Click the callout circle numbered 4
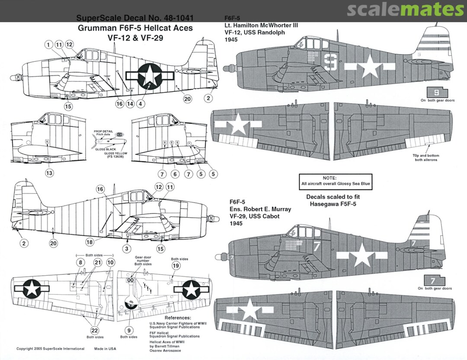point(141,104)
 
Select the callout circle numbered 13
point(49,173)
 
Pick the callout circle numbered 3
point(127,248)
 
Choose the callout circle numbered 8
point(80,262)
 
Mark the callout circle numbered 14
point(130,104)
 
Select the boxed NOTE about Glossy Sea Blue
point(336,181)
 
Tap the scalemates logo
point(405,10)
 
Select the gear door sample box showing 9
point(436,92)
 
